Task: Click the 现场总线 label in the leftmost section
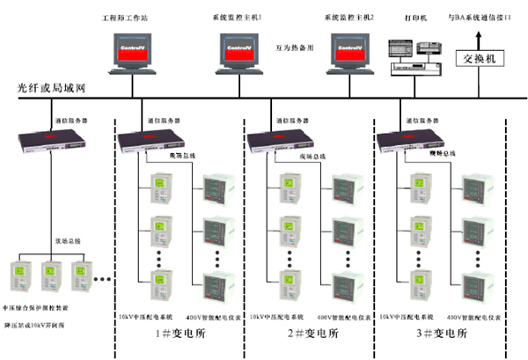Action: (67, 239)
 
